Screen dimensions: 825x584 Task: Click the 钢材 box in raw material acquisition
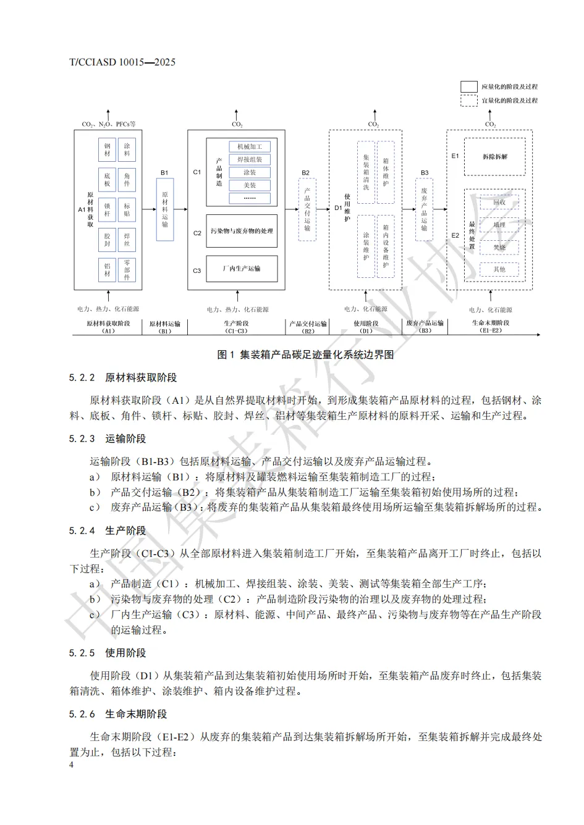(x=107, y=149)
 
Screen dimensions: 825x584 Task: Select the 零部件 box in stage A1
(x=127, y=270)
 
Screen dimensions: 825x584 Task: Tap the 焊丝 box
(x=127, y=240)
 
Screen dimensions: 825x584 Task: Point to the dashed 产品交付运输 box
(x=307, y=210)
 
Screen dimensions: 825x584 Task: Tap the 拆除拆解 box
(x=494, y=157)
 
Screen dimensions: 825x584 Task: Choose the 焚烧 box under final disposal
(x=499, y=247)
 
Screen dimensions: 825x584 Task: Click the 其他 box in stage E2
(x=499, y=269)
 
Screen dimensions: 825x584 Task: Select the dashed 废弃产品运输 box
(x=424, y=210)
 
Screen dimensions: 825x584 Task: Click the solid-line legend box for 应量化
(x=468, y=86)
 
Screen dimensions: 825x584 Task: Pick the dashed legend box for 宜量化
(x=468, y=101)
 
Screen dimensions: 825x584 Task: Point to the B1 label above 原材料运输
(x=164, y=173)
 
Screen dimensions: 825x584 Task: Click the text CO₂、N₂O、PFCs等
(x=109, y=124)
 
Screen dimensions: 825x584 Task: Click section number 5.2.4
(x=82, y=530)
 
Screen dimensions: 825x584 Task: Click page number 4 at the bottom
(x=72, y=764)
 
